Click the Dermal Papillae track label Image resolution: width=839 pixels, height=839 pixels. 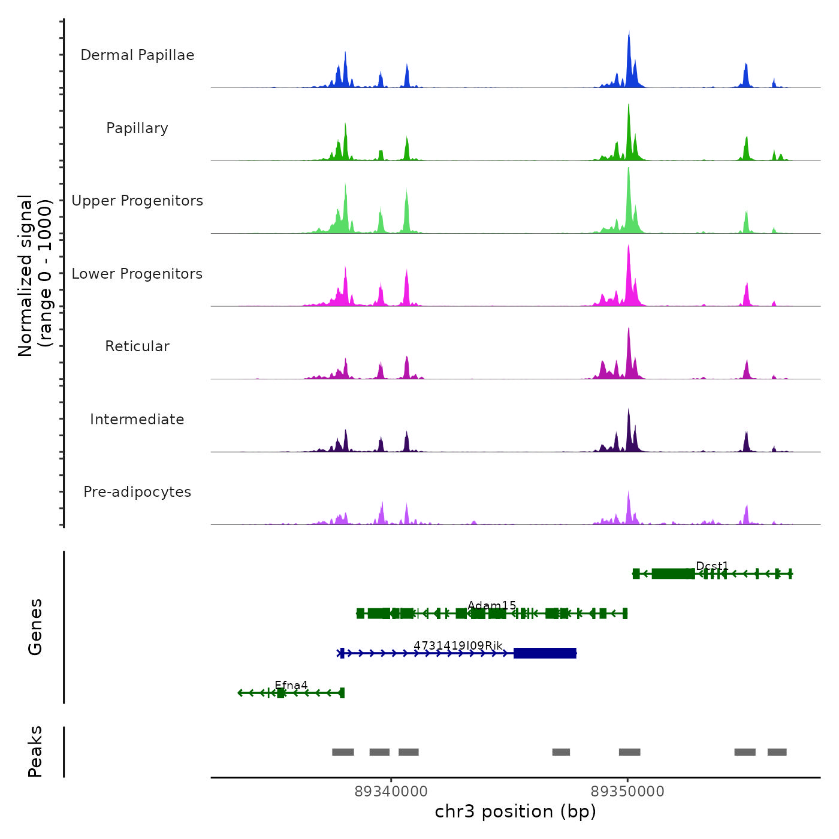coord(137,55)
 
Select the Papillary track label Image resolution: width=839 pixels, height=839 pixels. coord(137,128)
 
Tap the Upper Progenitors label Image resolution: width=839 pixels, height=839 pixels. coord(137,201)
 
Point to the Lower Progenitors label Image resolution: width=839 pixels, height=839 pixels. coord(137,274)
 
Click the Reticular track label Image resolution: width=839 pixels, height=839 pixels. coord(137,346)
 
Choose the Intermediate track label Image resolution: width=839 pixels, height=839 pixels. coord(137,419)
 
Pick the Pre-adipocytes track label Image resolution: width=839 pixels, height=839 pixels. coord(137,492)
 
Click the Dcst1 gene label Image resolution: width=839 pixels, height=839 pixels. coord(712,566)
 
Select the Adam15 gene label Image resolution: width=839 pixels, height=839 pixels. coord(491,605)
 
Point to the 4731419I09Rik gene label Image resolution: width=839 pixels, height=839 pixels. coord(458,645)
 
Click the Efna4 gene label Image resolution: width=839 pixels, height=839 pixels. coord(291,685)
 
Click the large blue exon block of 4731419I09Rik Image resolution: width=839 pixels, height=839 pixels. coord(545,653)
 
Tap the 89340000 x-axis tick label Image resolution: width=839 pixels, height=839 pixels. coord(391,792)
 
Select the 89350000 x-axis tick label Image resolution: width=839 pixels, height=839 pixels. coord(627,792)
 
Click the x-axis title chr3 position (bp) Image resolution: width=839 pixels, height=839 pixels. coord(515,811)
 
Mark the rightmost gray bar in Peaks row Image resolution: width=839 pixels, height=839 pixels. coord(777,752)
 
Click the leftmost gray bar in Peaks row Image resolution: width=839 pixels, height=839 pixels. coord(343,752)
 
